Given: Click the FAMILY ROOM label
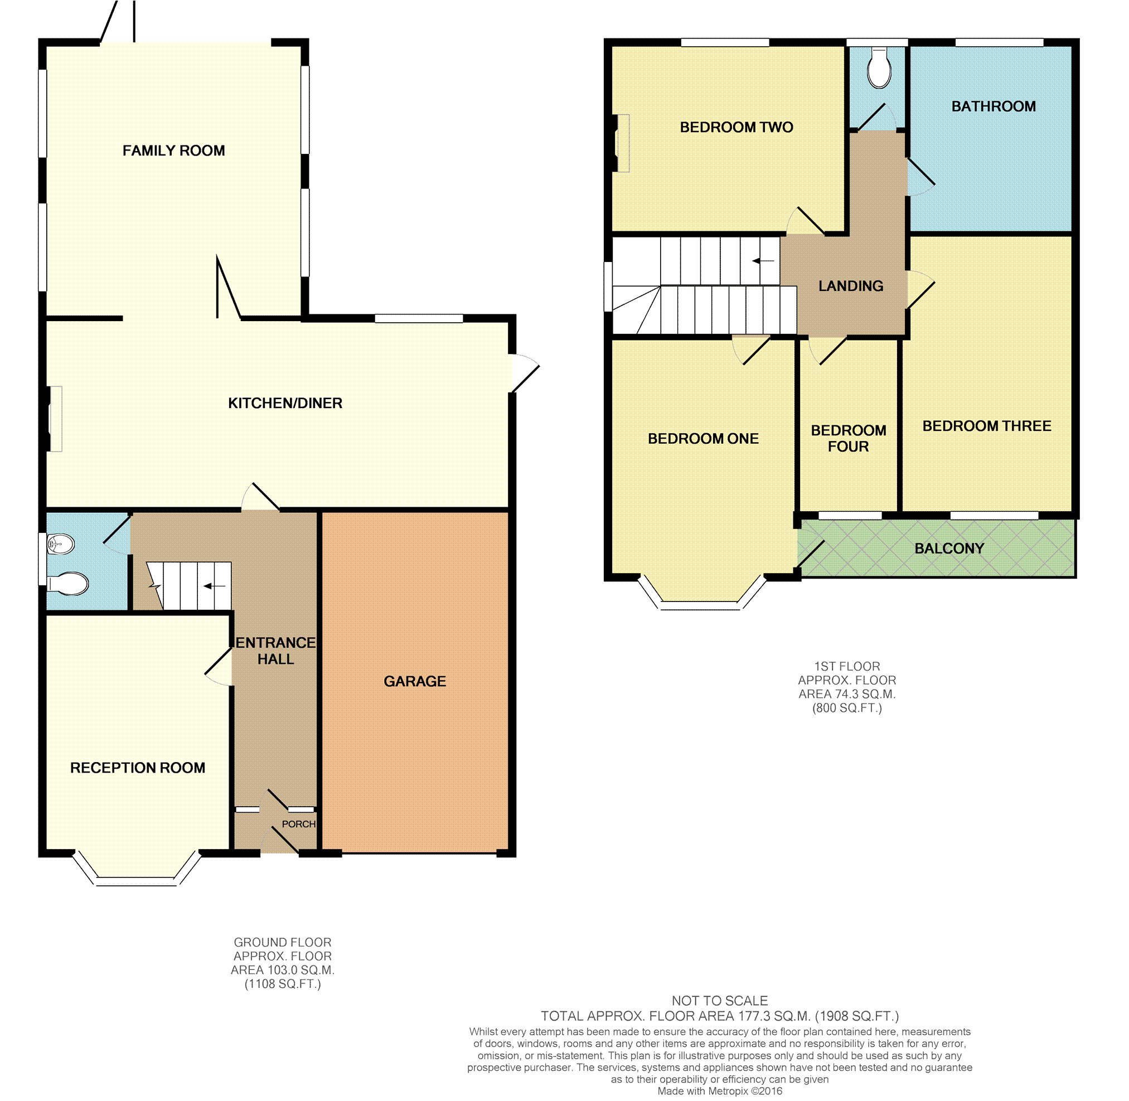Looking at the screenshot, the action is click(x=173, y=151).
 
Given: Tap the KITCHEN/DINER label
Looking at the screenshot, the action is click(x=285, y=403).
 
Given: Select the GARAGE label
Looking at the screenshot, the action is click(x=415, y=681).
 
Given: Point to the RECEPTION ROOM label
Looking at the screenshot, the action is click(x=138, y=767).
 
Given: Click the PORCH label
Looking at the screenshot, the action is click(x=298, y=824).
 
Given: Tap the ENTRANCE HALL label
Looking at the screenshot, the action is click(x=276, y=651).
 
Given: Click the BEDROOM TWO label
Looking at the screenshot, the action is click(x=736, y=127).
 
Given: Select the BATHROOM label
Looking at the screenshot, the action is click(x=994, y=106).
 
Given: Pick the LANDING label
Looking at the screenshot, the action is click(x=851, y=285).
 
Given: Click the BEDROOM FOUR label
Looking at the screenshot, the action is click(x=849, y=438).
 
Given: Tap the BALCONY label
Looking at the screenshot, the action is click(x=949, y=548).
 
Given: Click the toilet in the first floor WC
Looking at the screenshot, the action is click(x=879, y=68).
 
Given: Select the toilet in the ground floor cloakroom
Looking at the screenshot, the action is click(x=67, y=584).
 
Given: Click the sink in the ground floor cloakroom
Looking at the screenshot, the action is click(x=60, y=544).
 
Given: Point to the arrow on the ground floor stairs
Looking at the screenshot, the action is click(x=214, y=586).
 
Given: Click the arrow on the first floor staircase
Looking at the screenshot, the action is click(x=763, y=261).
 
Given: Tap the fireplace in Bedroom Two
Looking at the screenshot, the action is click(x=621, y=143).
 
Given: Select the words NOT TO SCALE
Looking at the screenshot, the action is click(x=720, y=1001).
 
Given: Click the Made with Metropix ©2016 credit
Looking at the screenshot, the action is click(x=720, y=1091).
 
